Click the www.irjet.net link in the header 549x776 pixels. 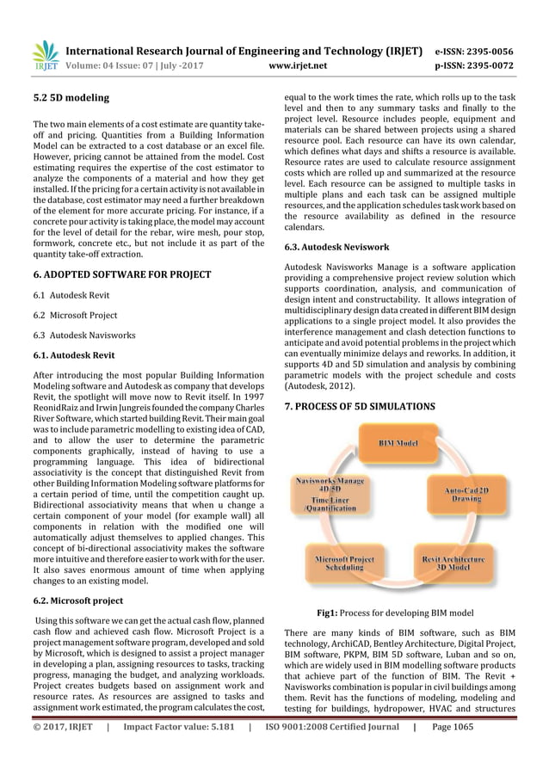click(x=299, y=64)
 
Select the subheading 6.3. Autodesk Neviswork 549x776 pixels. click(x=336, y=246)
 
